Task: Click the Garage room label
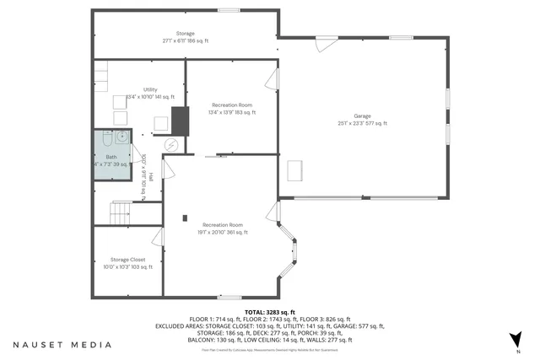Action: (364, 116)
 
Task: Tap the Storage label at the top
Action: (185, 34)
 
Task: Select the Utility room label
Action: (151, 89)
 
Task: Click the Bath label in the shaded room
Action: (111, 157)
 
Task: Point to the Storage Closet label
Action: (127, 260)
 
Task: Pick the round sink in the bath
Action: (121, 135)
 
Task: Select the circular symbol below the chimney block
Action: (172, 145)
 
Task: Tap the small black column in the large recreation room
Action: (184, 219)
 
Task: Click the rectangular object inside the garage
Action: (297, 171)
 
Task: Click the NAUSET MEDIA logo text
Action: (62, 345)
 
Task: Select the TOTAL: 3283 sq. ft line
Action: (269, 312)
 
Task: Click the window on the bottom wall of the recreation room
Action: (229, 297)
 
